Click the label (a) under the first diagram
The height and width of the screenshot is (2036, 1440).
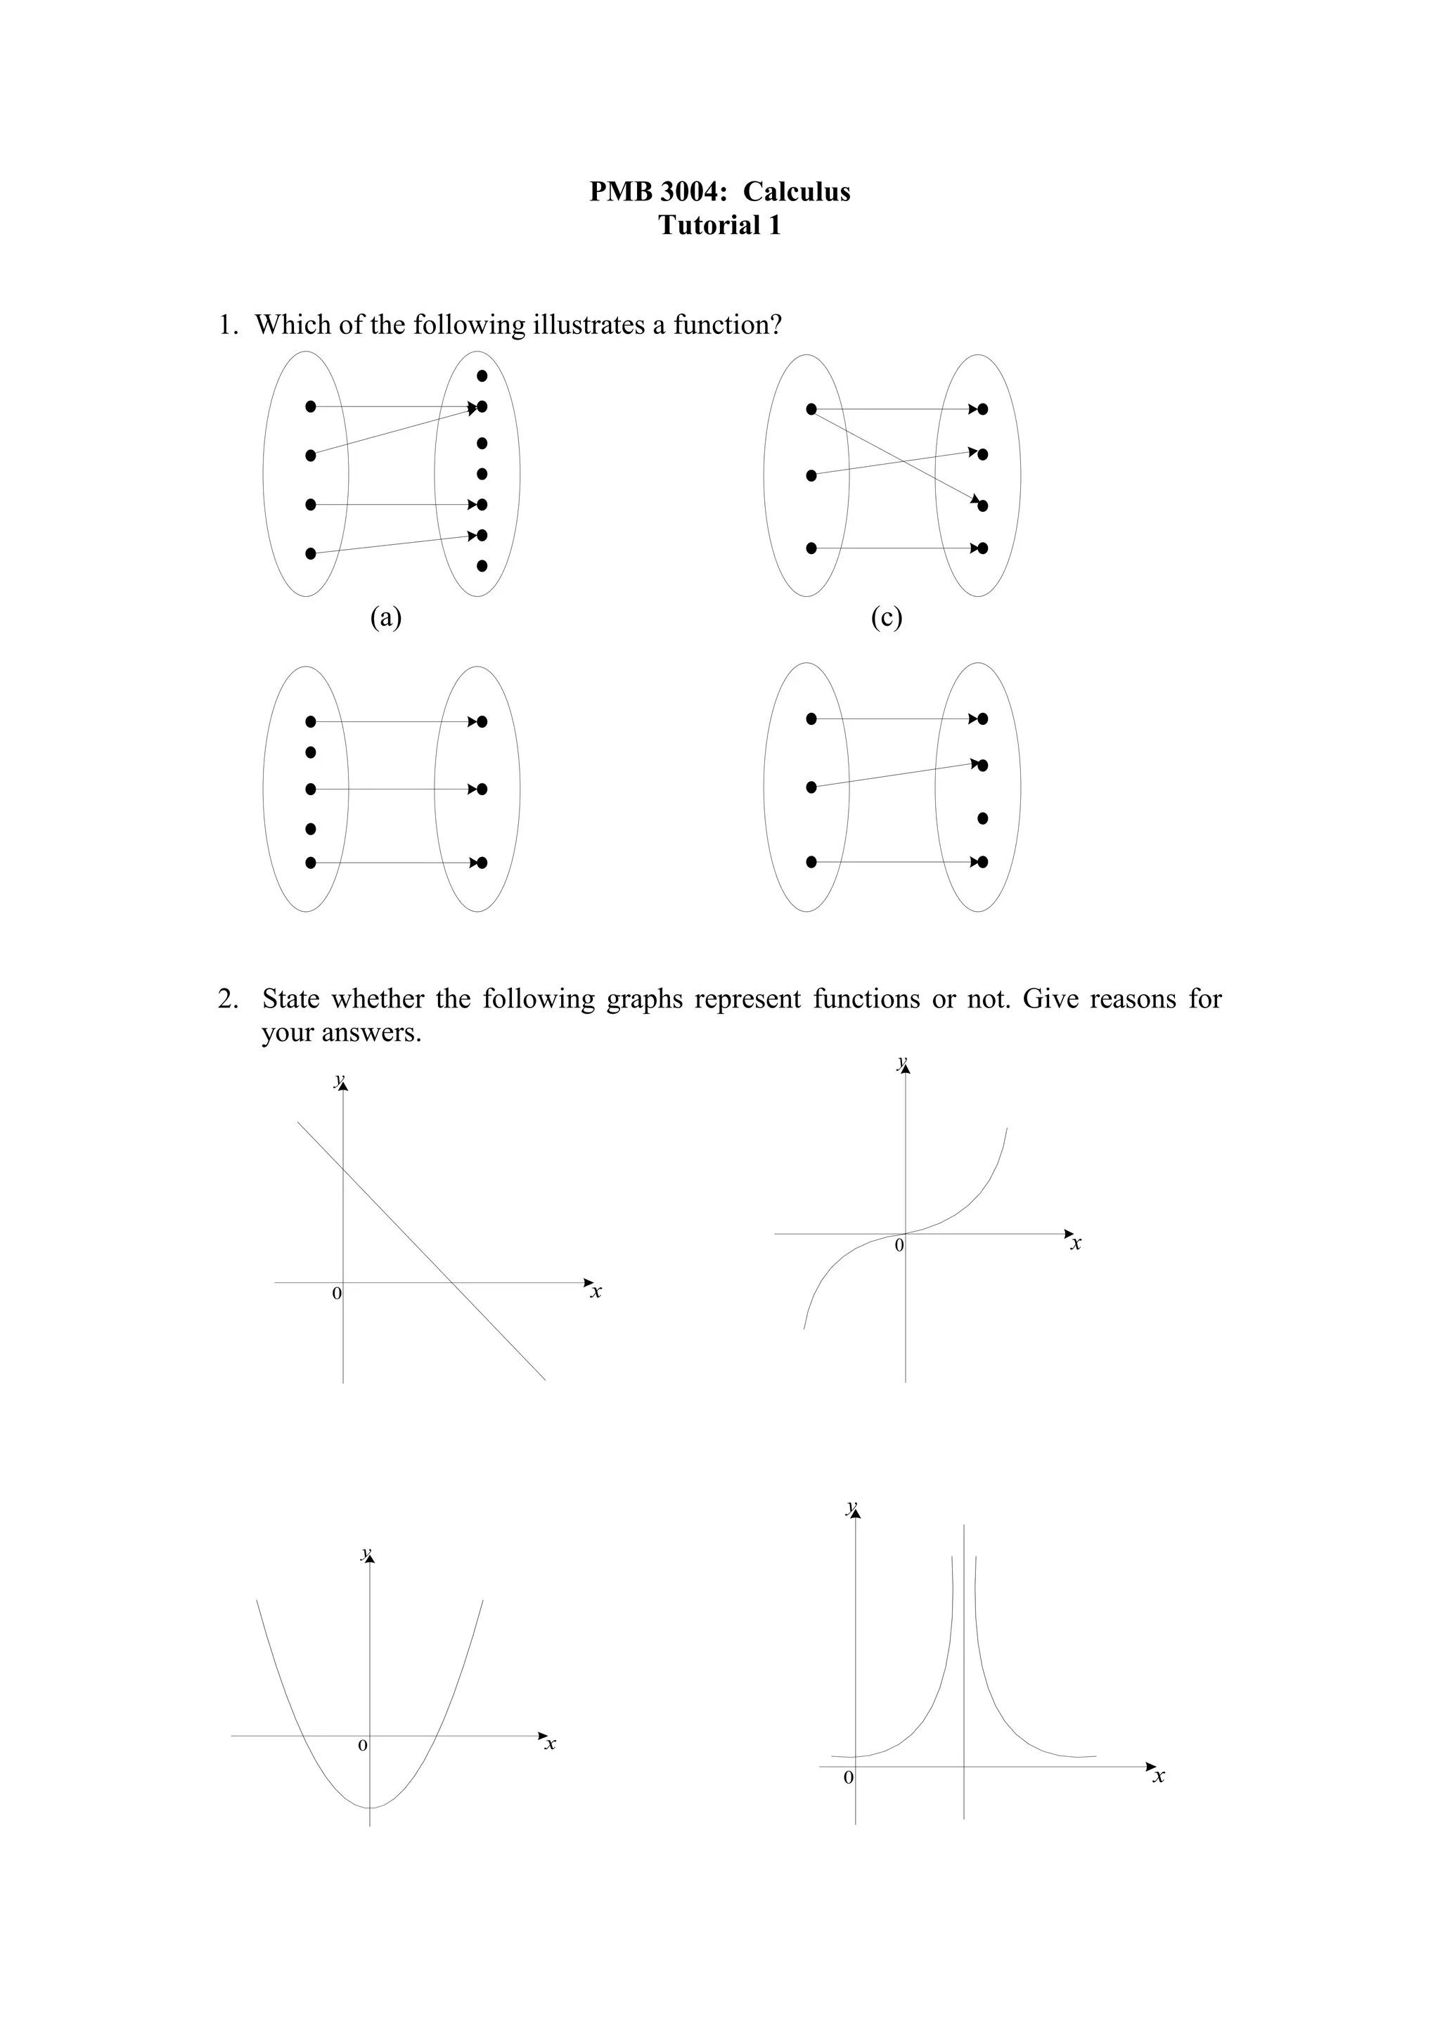point(386,617)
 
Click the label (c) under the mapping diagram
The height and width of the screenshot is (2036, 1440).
point(887,617)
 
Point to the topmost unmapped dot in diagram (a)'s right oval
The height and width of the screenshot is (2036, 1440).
point(482,376)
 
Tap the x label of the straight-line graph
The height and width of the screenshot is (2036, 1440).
point(596,1292)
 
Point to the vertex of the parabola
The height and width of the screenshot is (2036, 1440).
point(370,1808)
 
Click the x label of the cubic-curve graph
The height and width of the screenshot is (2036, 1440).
point(1076,1244)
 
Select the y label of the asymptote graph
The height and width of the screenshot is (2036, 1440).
point(851,1507)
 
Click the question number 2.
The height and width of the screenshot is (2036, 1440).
point(227,1000)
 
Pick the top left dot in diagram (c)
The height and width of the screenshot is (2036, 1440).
point(811,408)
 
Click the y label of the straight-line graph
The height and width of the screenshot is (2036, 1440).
point(337,1080)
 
